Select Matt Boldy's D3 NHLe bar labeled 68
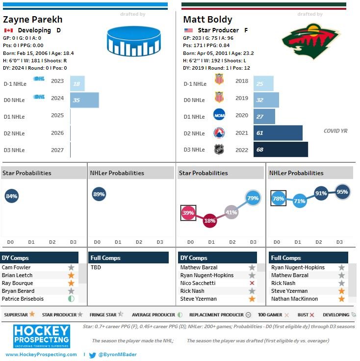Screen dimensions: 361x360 [281, 150]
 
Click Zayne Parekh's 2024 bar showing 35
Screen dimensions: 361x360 [84, 100]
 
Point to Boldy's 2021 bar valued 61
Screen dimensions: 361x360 [278, 133]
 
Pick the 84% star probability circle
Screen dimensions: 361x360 [11, 196]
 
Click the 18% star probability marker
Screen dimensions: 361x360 [210, 221]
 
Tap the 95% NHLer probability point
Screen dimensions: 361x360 [342, 192]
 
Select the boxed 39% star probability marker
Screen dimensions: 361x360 [188, 213]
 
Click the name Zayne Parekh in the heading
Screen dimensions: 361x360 [32, 20]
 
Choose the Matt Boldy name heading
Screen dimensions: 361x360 [207, 20]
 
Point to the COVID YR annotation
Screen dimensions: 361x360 [335, 131]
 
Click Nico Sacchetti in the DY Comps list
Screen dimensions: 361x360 [198, 283]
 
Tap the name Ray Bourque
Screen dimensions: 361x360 [18, 283]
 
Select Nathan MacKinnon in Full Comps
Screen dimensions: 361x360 [294, 299]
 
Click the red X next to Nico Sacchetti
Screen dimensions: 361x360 [252, 283]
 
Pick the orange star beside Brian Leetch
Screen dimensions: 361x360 [71, 275]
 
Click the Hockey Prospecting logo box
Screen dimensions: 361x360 [41, 335]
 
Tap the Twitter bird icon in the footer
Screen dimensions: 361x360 [92, 355]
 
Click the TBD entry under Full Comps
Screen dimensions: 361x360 [96, 267]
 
